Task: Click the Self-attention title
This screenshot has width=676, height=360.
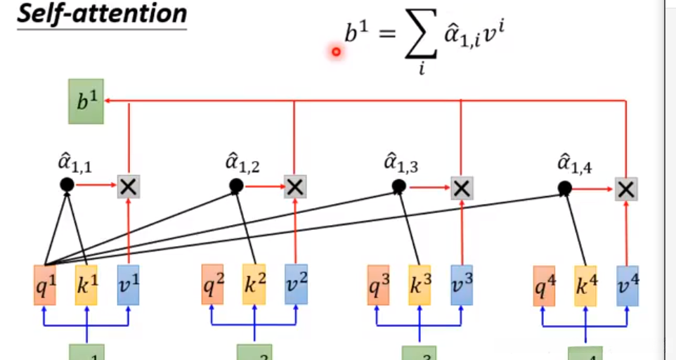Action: (101, 14)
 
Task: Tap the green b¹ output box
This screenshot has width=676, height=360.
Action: (86, 101)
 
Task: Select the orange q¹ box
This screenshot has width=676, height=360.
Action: (44, 284)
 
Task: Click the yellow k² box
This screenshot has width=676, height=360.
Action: (254, 284)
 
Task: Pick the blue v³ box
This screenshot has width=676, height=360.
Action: (461, 284)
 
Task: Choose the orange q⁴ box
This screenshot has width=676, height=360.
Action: (544, 285)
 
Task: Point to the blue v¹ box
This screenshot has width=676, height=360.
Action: (128, 284)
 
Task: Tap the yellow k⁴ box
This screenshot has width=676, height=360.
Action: (585, 285)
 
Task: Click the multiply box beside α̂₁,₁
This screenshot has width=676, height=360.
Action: (128, 186)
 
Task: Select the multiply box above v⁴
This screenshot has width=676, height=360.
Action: (625, 188)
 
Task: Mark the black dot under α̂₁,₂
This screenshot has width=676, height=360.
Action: (236, 186)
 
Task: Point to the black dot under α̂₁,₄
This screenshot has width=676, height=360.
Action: (564, 188)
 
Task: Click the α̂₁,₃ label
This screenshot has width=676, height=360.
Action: (401, 165)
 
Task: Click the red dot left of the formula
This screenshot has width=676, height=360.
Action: (336, 51)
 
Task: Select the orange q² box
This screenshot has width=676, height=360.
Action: (212, 284)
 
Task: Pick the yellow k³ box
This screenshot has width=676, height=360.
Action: (420, 284)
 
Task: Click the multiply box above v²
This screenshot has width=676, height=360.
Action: (295, 187)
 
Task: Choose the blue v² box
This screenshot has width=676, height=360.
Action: (296, 284)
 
